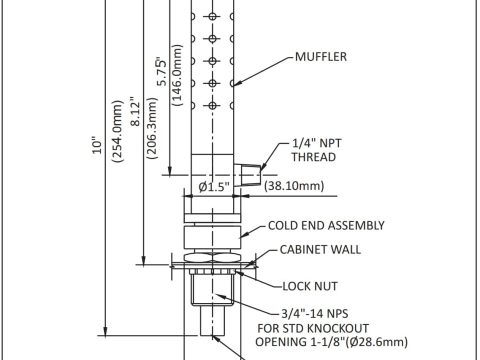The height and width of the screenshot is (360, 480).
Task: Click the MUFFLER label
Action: (321, 57)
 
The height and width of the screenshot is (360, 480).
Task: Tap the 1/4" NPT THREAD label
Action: (316, 150)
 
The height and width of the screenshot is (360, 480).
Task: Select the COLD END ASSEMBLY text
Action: (326, 226)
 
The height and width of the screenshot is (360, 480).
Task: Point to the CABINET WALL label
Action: (320, 250)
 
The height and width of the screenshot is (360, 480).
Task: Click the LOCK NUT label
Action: (310, 286)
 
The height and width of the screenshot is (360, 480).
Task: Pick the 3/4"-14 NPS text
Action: (315, 314)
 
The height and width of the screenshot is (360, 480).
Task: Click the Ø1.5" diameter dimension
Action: (214, 187)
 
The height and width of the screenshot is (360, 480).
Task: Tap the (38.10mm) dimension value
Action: (294, 186)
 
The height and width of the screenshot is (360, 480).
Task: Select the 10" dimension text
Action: (97, 145)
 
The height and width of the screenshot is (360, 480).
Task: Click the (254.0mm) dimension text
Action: (117, 131)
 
